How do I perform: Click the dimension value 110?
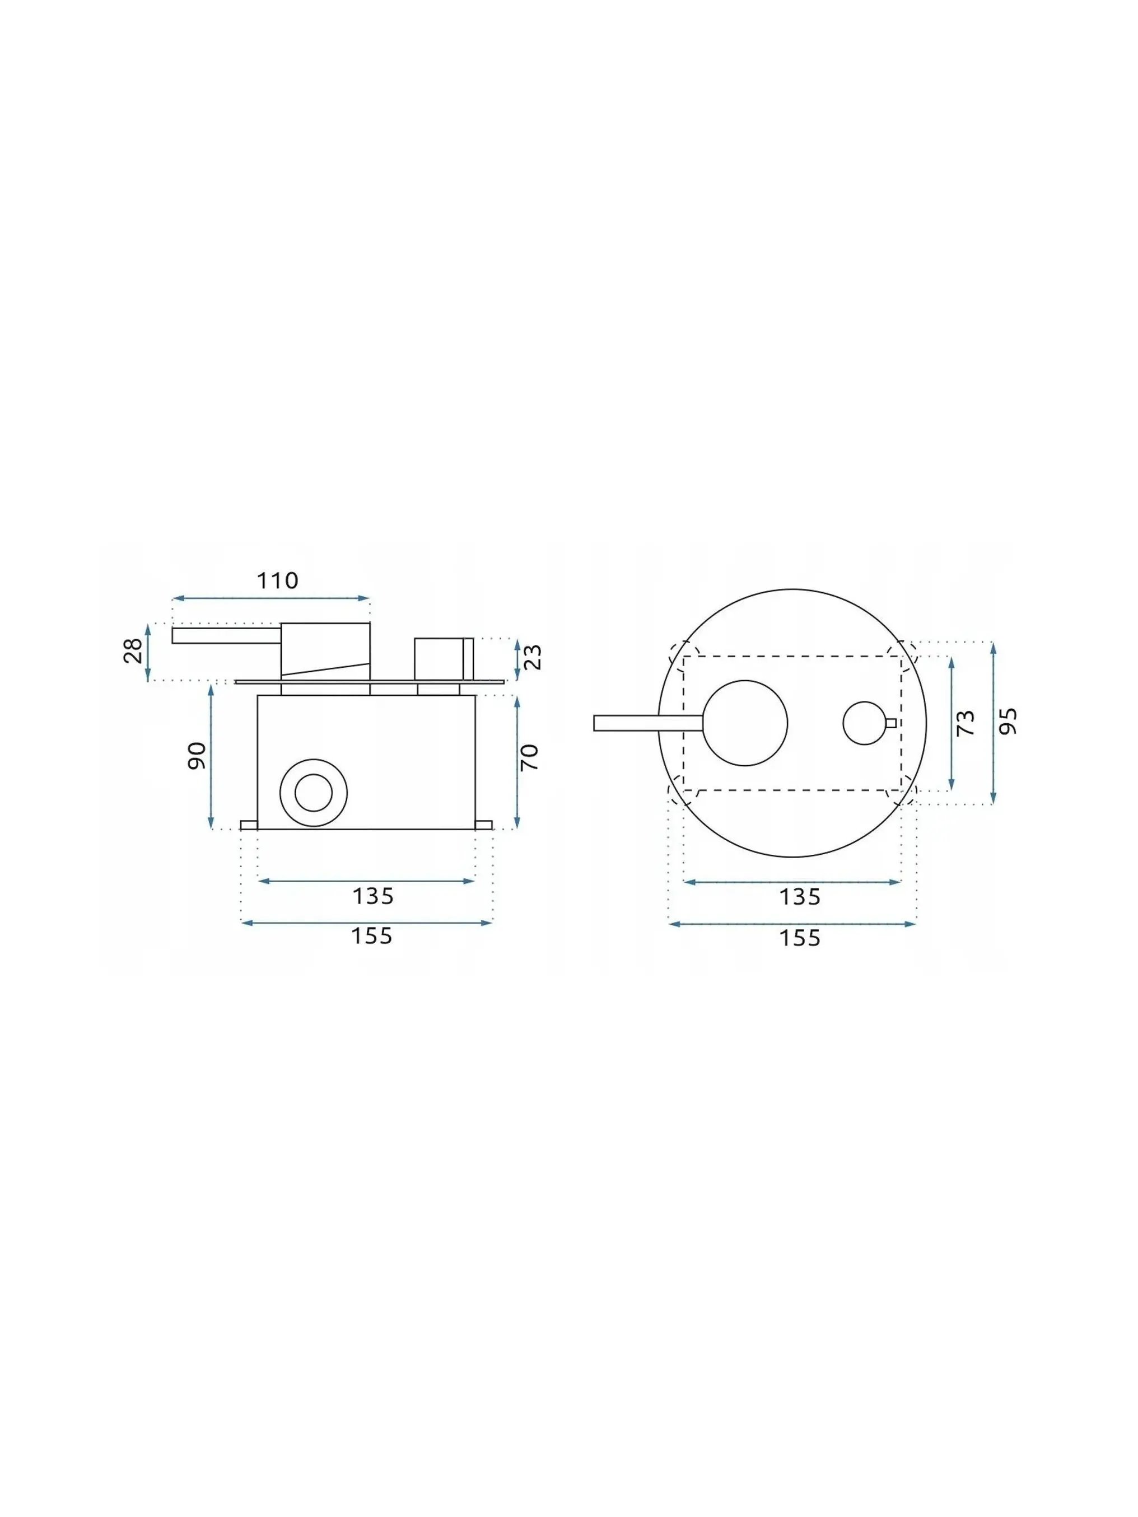coord(277,581)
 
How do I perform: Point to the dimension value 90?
coord(197,755)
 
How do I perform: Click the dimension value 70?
coord(530,757)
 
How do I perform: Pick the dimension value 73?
coord(965,723)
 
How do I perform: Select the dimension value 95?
coord(1008,722)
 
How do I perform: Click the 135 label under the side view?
coord(372,896)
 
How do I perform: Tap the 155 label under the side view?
coord(372,936)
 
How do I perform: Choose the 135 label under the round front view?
coord(800,897)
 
